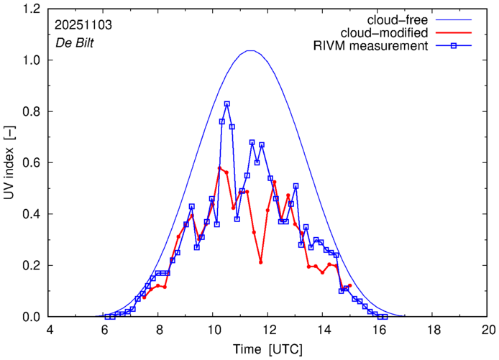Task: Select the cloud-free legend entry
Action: (399, 19)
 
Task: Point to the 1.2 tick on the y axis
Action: (32, 9)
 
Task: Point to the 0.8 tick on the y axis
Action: (32, 112)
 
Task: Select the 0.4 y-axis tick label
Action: (32, 214)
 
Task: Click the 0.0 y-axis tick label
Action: (32, 317)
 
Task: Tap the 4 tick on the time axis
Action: (50, 329)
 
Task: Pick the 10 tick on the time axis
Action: (214, 329)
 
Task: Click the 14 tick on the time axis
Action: (324, 329)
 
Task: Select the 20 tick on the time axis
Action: (488, 329)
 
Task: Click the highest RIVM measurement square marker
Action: (227, 104)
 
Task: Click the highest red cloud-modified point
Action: (219, 168)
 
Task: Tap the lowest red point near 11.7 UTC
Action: (261, 262)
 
